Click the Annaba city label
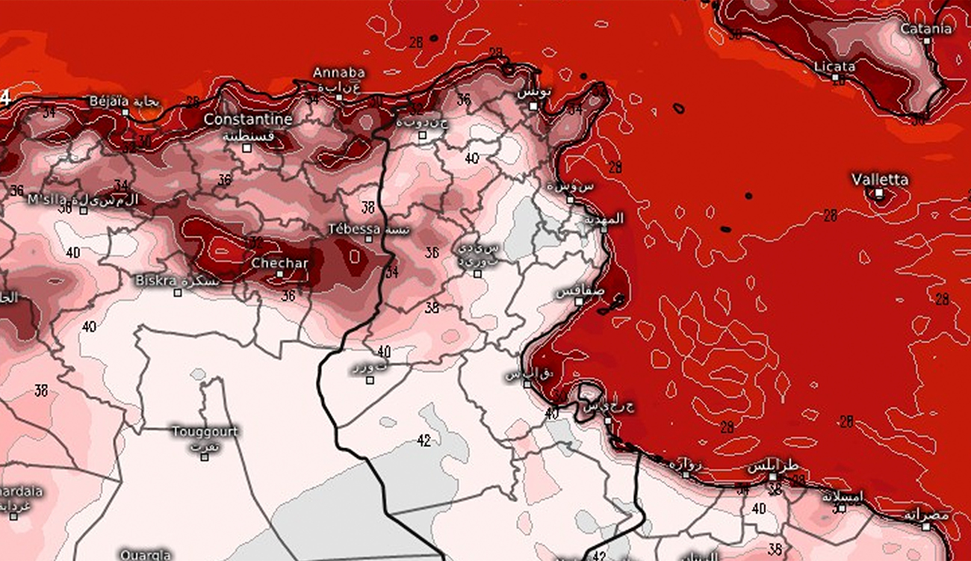coord(338,72)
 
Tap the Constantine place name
coord(247,120)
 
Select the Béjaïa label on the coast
coord(109,101)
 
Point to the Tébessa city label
coord(354,229)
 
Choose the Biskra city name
coord(155,281)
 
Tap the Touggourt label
coord(205,432)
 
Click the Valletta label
coord(880,180)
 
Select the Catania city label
coord(926,29)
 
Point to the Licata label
coord(834,66)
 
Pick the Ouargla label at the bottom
coord(145,555)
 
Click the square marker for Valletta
coord(879,193)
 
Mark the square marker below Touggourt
coord(205,456)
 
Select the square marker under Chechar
coord(280,274)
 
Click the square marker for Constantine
coord(246,148)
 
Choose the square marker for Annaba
coord(339,97)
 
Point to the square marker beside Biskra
coord(178,293)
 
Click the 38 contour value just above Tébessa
coord(367,207)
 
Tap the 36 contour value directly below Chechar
coord(288,295)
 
